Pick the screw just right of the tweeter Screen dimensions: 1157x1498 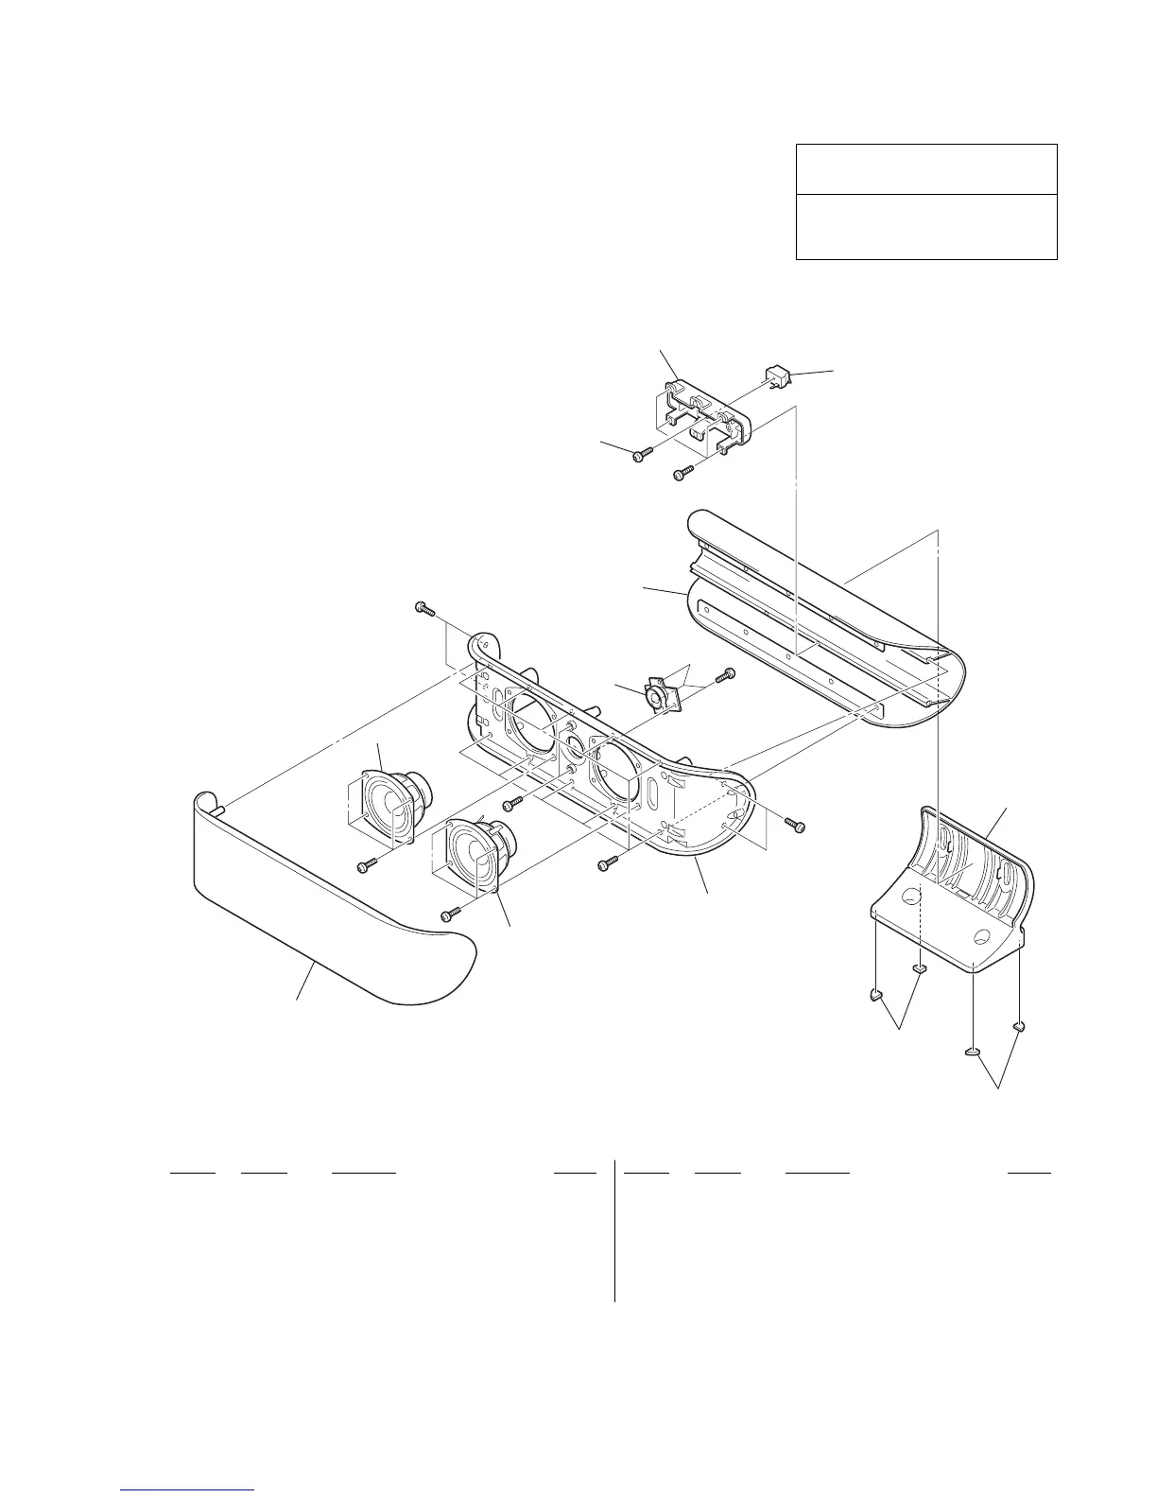tap(727, 674)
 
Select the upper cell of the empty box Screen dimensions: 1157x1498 tap(925, 169)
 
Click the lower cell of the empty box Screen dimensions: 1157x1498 tap(925, 227)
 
